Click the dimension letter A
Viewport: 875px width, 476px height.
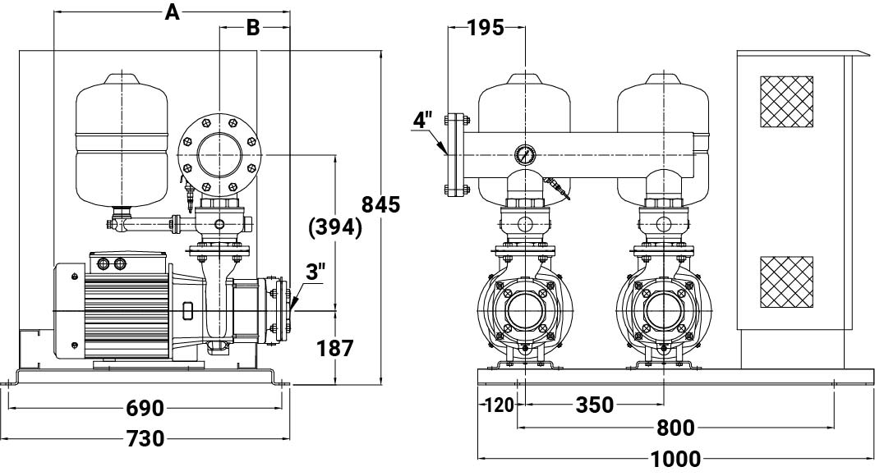[173, 11]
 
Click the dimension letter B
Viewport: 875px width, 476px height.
[253, 27]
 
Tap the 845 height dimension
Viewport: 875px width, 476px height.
[380, 204]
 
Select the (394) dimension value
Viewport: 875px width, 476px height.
[335, 227]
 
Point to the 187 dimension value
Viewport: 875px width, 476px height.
[335, 348]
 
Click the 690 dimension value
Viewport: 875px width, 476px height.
[145, 409]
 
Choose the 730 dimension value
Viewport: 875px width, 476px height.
[145, 438]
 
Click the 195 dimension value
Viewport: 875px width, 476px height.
[485, 27]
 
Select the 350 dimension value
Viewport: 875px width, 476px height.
[594, 405]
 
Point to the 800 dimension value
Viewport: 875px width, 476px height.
[675, 428]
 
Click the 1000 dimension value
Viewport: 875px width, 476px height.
[676, 460]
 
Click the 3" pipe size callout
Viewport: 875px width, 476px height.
[315, 272]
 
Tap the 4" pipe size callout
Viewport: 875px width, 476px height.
[423, 119]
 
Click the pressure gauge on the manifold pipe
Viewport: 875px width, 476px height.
[524, 155]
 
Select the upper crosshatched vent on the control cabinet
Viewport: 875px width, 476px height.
[786, 102]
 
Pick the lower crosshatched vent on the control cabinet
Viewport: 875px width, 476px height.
[786, 282]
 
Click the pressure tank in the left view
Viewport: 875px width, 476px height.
[122, 141]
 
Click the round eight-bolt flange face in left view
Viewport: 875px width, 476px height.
[219, 154]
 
